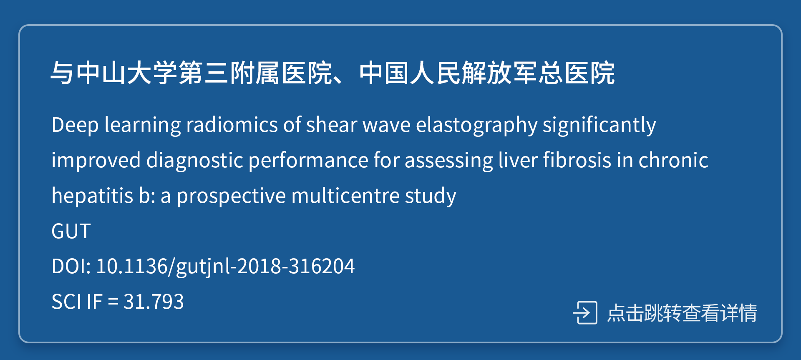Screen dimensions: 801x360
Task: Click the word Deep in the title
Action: tap(75, 125)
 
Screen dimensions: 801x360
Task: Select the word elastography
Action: tap(476, 125)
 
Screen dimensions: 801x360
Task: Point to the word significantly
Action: tap(599, 125)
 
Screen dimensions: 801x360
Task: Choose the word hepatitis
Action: tap(92, 196)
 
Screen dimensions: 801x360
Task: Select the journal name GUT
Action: tap(71, 231)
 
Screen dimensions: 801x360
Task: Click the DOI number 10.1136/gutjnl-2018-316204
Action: tap(225, 266)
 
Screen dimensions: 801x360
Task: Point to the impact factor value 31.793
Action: tap(154, 302)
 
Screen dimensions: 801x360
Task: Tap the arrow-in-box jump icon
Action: tap(585, 312)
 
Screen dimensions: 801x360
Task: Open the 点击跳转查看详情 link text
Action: tap(682, 312)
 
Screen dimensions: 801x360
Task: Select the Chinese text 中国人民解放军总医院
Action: tap(487, 73)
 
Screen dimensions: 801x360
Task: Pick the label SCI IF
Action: tap(77, 302)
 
